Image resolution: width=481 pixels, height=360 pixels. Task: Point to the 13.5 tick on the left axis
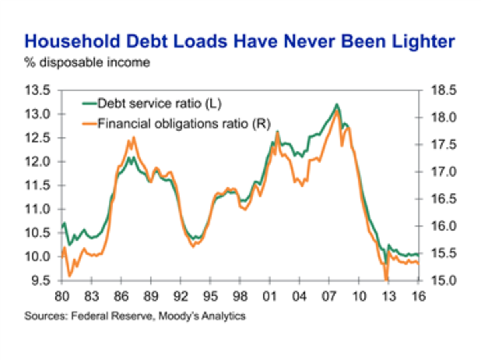(38, 91)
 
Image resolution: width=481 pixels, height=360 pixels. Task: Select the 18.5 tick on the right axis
(441, 91)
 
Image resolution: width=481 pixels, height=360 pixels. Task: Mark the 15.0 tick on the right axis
(441, 281)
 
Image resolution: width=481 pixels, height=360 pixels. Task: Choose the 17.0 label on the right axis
(441, 172)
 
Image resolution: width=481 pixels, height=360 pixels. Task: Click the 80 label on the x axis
(63, 297)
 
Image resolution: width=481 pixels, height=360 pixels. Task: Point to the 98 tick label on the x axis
(240, 297)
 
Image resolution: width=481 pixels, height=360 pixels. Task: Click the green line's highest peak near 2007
(337, 105)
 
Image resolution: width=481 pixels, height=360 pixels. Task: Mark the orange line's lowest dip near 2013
(386, 279)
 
